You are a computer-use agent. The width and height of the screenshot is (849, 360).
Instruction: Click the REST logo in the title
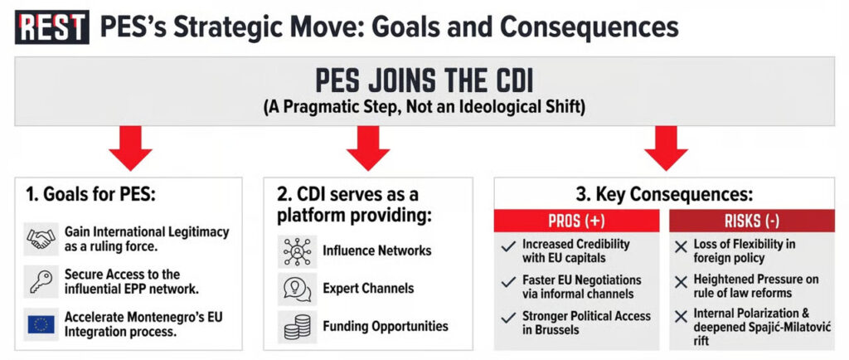[x=51, y=27]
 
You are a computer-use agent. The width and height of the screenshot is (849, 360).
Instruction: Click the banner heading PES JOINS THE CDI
[x=424, y=80]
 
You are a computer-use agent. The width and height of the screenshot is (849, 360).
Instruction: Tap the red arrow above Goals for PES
[x=130, y=148]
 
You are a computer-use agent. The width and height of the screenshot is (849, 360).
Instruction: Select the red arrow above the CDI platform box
[x=367, y=148]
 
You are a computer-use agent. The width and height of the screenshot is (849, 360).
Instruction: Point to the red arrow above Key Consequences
[x=666, y=148]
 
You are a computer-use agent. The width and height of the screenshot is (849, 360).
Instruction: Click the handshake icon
[x=41, y=239]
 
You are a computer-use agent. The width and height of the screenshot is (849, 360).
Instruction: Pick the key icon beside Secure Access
[x=41, y=281]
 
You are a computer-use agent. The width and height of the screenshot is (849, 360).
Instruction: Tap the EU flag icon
[x=41, y=324]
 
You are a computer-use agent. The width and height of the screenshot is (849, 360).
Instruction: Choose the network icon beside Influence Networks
[x=298, y=251]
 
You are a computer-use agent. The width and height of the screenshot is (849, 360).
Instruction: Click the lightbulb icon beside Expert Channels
[x=298, y=289]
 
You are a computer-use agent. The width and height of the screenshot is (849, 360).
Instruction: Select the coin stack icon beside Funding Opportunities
[x=298, y=327]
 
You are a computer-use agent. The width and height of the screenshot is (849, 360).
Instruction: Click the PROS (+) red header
[x=577, y=221]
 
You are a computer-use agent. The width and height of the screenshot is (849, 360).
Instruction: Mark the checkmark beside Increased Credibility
[x=508, y=247]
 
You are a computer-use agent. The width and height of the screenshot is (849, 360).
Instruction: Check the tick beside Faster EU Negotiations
[x=508, y=282]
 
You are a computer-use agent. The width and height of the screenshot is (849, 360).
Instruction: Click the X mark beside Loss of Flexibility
[x=681, y=247]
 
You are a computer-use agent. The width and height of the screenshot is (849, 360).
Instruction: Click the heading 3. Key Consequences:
[x=664, y=195]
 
